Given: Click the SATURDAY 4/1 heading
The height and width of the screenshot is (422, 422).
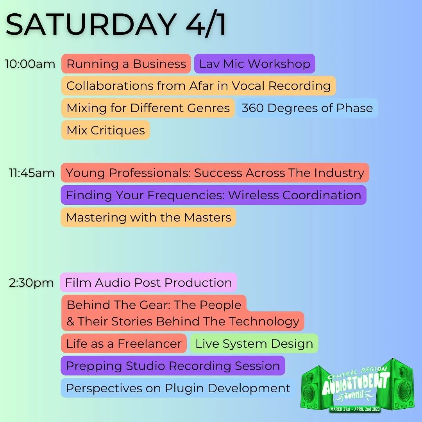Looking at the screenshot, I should pos(116,25).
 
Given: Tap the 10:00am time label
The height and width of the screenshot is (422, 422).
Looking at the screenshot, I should pos(30,64).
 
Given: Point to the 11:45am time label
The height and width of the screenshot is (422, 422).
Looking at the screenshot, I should pos(32,173).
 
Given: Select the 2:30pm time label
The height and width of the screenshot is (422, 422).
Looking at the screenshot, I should pos(32,283).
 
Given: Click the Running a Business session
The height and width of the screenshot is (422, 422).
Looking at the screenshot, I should pos(126,64).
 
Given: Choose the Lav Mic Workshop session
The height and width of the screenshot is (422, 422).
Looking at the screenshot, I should pos(254,64).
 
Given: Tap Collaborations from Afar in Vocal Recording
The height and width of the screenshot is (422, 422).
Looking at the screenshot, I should pos(198,86).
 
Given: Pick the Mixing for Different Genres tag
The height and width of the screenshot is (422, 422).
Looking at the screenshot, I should pos(148,108).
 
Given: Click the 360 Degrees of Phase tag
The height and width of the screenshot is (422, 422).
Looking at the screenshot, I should pos(307,108).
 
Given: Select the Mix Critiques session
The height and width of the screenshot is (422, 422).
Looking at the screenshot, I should pos(105,130).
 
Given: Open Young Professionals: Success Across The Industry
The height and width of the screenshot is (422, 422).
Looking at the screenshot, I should pos(215,173).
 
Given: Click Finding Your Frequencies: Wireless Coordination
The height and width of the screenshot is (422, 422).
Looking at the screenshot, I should pos(213,195).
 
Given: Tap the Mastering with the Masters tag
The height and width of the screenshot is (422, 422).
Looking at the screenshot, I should pos(148,217).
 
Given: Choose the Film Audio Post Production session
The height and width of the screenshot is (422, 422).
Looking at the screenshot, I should pos(148,283).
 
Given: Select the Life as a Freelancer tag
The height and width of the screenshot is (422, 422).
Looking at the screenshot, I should pos(124,343).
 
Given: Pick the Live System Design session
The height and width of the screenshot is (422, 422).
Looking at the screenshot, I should pos(254,343).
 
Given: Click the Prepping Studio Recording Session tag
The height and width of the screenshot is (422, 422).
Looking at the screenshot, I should pos(173,366).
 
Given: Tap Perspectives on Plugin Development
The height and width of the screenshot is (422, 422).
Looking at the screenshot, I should pos(178,388).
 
